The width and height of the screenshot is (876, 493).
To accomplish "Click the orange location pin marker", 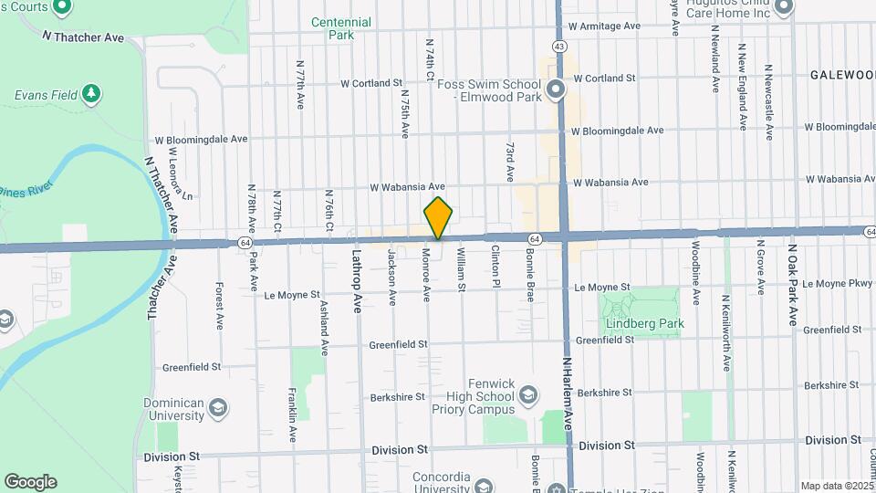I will click(x=439, y=218).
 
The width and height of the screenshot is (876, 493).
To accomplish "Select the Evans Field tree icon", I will click(x=90, y=93).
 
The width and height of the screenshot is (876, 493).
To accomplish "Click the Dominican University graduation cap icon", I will click(x=218, y=407).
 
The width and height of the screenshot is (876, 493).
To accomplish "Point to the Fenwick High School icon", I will click(x=527, y=394).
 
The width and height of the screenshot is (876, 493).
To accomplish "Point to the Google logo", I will click(x=30, y=482).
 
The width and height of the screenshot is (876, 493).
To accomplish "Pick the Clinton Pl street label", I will click(x=496, y=265).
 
